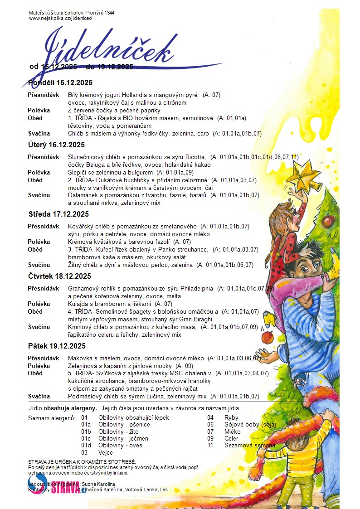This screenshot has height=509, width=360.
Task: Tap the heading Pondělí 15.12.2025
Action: (60, 82)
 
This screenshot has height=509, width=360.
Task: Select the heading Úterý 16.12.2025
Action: (56, 145)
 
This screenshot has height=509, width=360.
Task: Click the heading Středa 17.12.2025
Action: (58, 214)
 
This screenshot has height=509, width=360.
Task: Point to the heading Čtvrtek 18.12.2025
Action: (59, 276)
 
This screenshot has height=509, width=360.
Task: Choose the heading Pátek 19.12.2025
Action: (57, 346)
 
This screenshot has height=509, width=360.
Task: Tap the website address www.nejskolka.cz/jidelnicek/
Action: (60, 18)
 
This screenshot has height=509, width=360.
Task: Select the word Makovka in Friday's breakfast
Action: (80, 358)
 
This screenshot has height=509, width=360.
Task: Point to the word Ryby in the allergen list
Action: (231, 417)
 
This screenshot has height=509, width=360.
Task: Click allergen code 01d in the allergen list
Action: (86, 446)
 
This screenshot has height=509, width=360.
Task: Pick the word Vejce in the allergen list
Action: (106, 452)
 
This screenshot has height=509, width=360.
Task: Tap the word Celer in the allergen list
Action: (232, 438)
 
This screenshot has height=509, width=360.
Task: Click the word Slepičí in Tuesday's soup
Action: (78, 173)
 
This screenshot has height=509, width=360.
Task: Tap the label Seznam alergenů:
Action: (52, 417)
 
